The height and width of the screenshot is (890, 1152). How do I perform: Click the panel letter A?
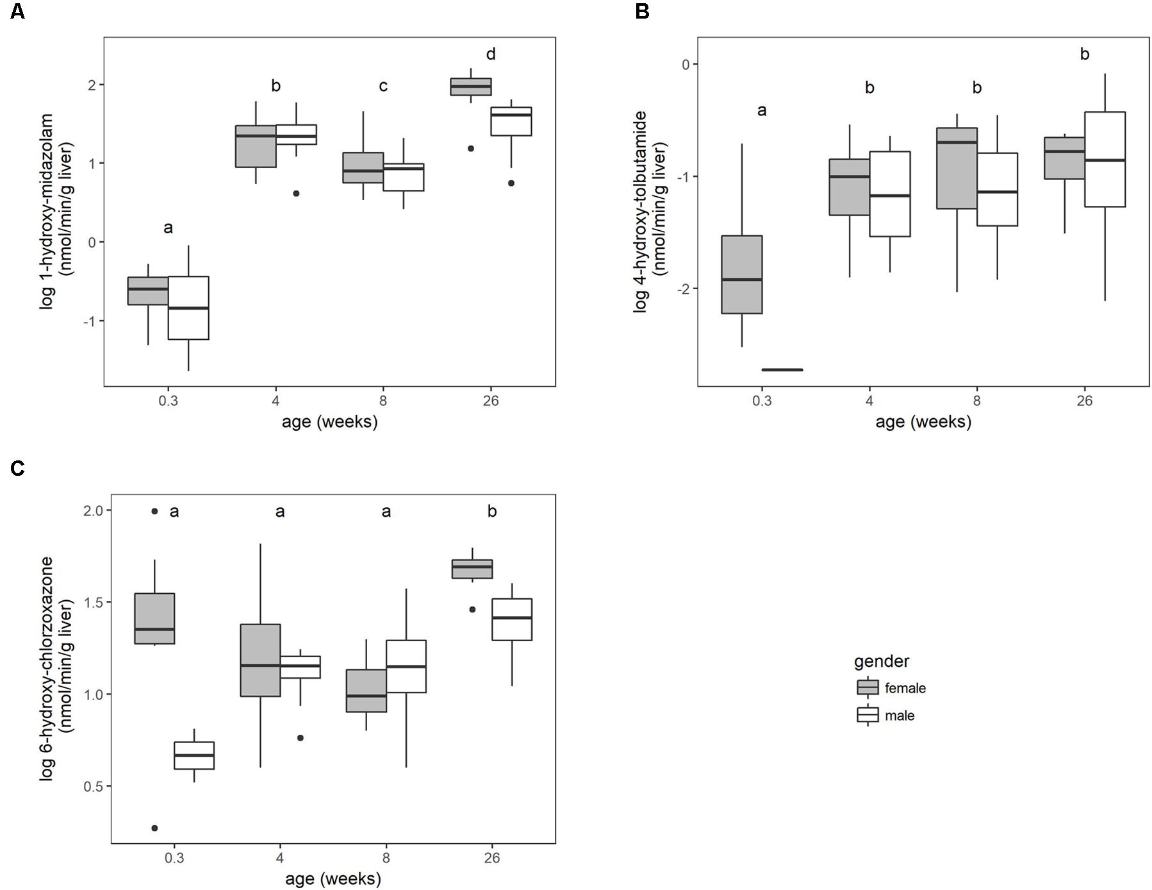pyautogui.click(x=17, y=12)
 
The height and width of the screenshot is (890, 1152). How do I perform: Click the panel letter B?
pyautogui.click(x=642, y=12)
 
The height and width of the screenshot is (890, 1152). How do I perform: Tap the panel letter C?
pyautogui.click(x=17, y=469)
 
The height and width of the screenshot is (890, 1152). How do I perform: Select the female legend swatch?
pyautogui.click(x=868, y=688)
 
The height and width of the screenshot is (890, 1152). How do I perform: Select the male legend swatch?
pyautogui.click(x=868, y=715)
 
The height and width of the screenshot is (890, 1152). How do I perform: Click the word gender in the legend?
pyautogui.click(x=881, y=661)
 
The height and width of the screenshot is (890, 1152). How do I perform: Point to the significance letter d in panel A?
pyautogui.click(x=491, y=55)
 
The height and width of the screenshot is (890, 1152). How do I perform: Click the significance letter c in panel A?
pyautogui.click(x=383, y=86)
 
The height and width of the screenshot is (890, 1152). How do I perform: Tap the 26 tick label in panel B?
pyautogui.click(x=1084, y=401)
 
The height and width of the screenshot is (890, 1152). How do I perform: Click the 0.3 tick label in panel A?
pyautogui.click(x=168, y=401)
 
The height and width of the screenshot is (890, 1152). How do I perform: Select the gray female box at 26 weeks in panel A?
pyautogui.click(x=471, y=87)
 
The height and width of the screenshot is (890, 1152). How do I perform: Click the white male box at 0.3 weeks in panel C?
pyautogui.click(x=194, y=755)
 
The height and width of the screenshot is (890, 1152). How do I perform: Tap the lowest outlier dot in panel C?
pyautogui.click(x=154, y=828)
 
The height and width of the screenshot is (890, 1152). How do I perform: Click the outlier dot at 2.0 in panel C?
pyautogui.click(x=154, y=511)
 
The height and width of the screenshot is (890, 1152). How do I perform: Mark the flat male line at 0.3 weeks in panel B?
pyautogui.click(x=782, y=370)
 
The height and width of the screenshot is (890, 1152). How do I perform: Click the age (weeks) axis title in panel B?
pyautogui.click(x=923, y=422)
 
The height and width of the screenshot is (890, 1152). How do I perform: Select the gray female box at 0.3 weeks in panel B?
pyautogui.click(x=742, y=274)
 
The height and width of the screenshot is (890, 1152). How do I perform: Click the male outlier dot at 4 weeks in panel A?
pyautogui.click(x=296, y=193)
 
